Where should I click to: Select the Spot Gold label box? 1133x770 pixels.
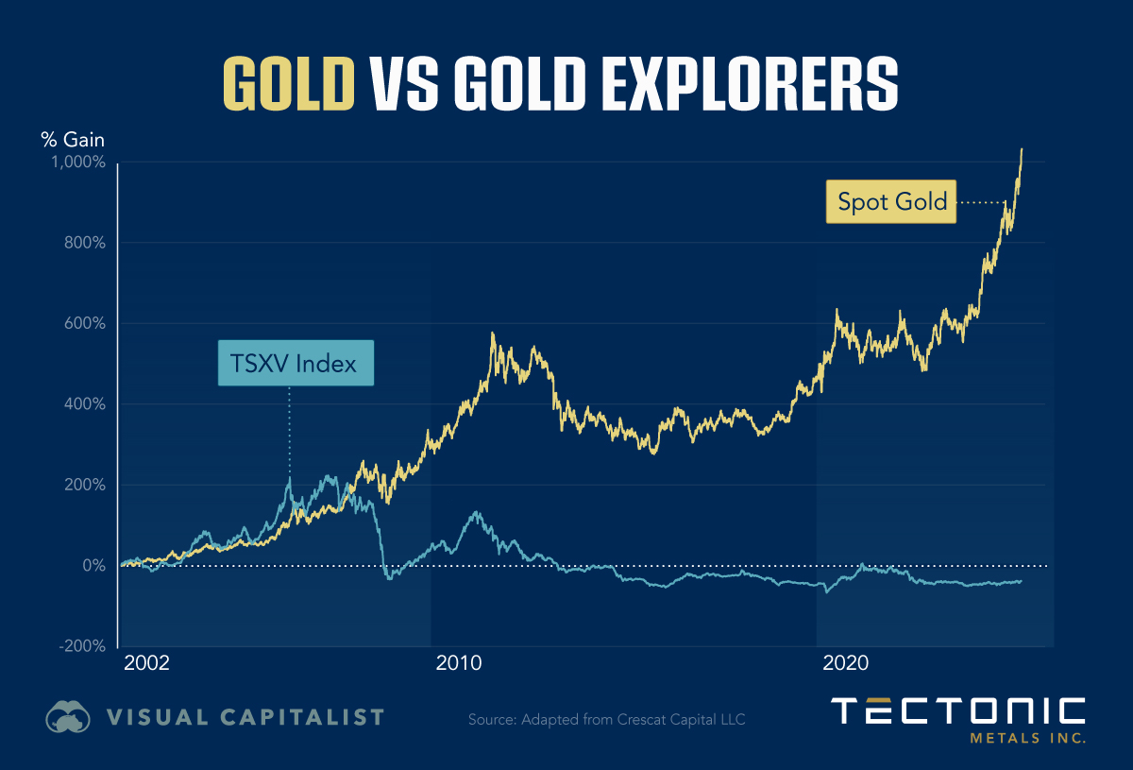click(x=891, y=201)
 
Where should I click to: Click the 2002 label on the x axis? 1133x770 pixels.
click(x=146, y=663)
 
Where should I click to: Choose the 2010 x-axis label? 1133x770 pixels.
click(x=460, y=663)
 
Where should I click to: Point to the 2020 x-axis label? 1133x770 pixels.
click(x=847, y=663)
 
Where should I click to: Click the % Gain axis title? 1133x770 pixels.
click(x=72, y=140)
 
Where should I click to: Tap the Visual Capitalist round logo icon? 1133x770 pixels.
click(x=68, y=717)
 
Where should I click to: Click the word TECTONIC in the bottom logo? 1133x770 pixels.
click(x=957, y=711)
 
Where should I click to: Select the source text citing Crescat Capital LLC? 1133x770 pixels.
click(x=607, y=720)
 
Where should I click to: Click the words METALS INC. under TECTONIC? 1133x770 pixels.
click(x=1027, y=737)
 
